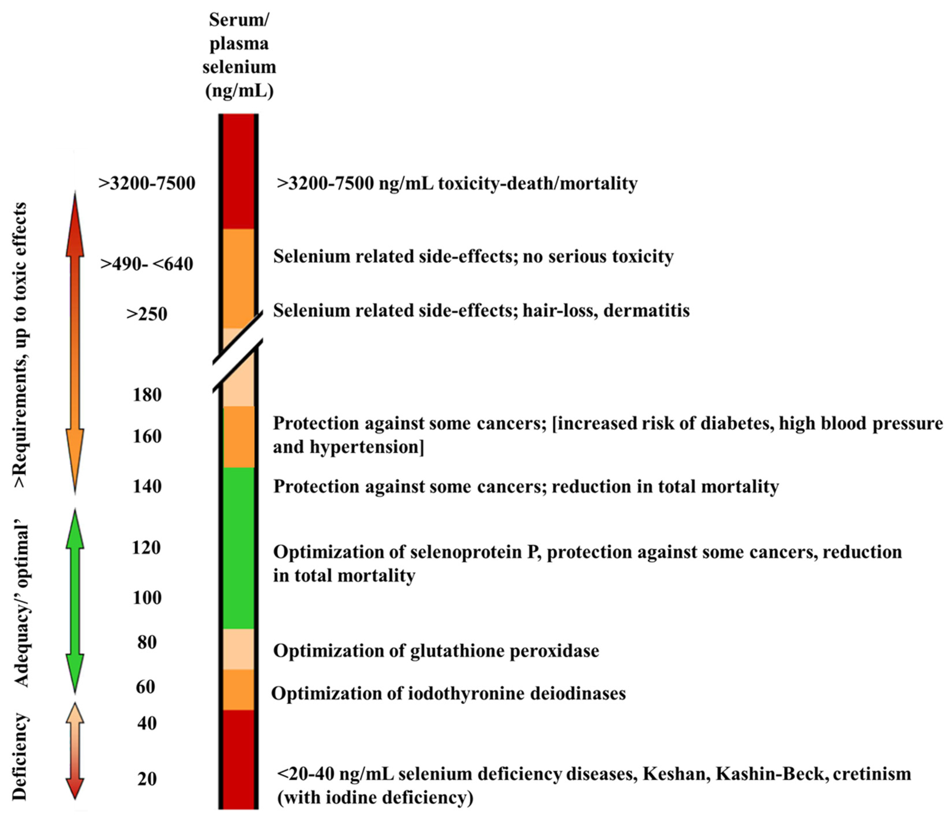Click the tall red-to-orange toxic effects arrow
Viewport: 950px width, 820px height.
pyautogui.click(x=75, y=342)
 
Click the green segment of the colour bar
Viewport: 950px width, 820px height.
pyautogui.click(x=238, y=548)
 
